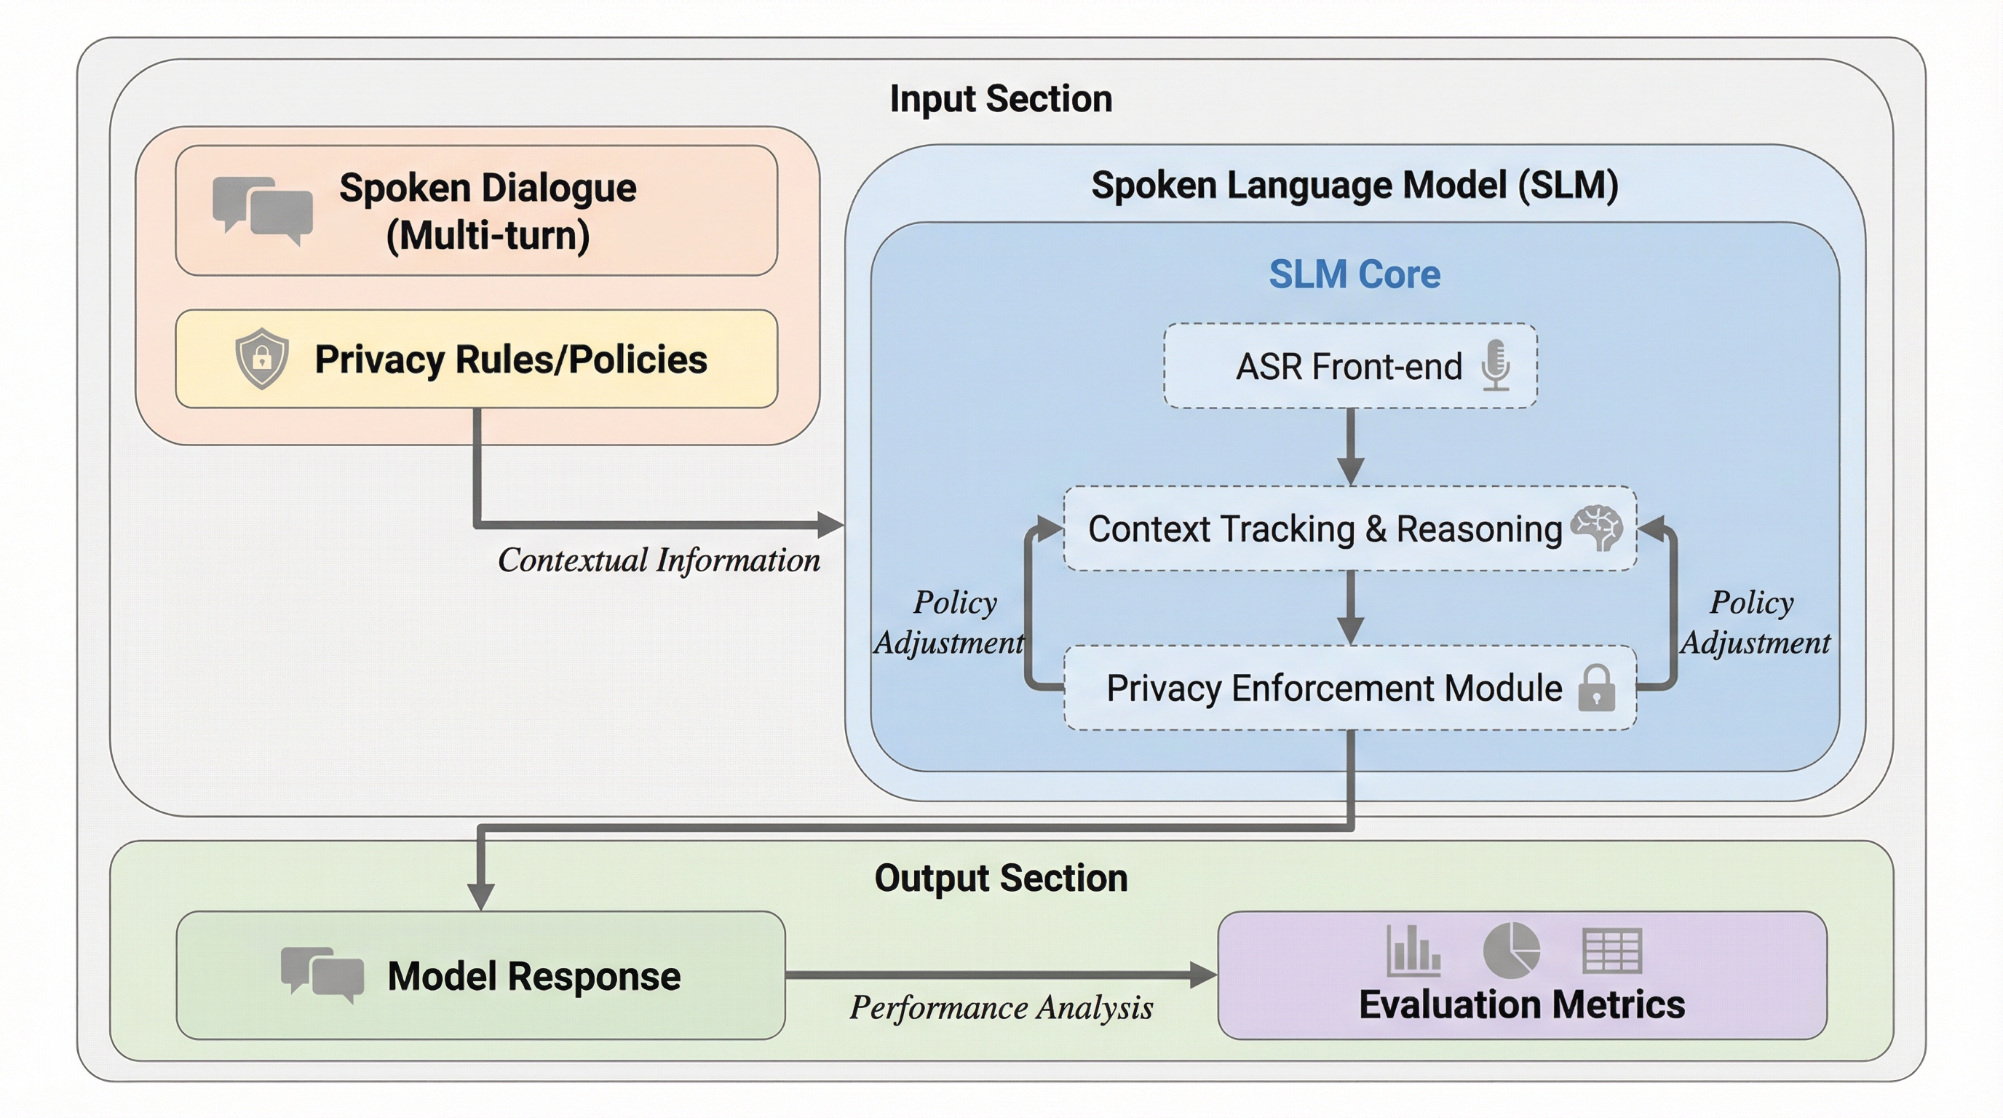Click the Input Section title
1001,100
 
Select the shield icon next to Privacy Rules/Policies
262,358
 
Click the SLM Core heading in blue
1354,274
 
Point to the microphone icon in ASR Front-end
1495,365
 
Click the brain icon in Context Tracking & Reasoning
1596,528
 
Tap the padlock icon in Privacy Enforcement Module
1596,688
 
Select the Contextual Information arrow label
659,560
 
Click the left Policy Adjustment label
950,622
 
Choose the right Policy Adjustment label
1754,622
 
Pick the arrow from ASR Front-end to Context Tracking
1351,447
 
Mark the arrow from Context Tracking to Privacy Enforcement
1351,607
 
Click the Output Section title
1001,879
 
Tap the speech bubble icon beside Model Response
322,974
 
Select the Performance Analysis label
1001,1008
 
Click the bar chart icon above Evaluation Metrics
1413,950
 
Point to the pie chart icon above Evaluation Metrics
1511,950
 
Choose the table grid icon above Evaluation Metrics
1612,950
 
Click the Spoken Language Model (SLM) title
1354,186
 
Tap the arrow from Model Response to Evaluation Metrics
1001,974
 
